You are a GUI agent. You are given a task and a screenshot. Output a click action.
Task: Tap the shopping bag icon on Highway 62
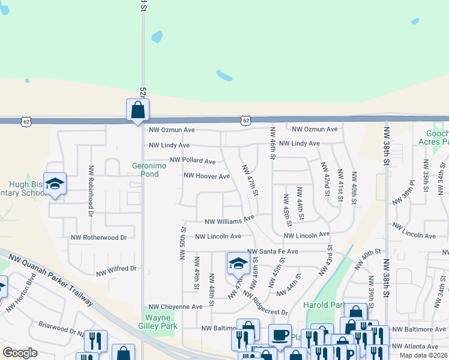pyautogui.click(x=137, y=110)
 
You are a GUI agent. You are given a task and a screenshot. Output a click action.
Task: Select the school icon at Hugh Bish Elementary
pyautogui.click(x=55, y=184)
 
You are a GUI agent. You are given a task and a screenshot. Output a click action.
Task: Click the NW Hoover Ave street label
pyautogui.click(x=206, y=176)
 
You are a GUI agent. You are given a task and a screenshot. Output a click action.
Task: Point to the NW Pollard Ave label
pyautogui.click(x=192, y=161)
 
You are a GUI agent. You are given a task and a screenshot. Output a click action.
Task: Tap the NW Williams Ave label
pyautogui.click(x=230, y=221)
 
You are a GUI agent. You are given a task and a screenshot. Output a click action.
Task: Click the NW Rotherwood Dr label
pyautogui.click(x=99, y=238)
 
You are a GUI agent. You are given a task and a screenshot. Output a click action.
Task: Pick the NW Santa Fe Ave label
pyautogui.click(x=273, y=252)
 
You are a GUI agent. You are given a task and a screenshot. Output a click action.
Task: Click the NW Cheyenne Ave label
pyautogui.click(x=176, y=307)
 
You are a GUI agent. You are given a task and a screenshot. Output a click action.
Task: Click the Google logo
pyautogui.click(x=20, y=353)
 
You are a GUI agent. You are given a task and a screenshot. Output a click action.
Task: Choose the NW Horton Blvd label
pyautogui.click(x=20, y=295)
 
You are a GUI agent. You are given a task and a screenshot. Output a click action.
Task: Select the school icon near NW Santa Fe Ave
pyautogui.click(x=238, y=263)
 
